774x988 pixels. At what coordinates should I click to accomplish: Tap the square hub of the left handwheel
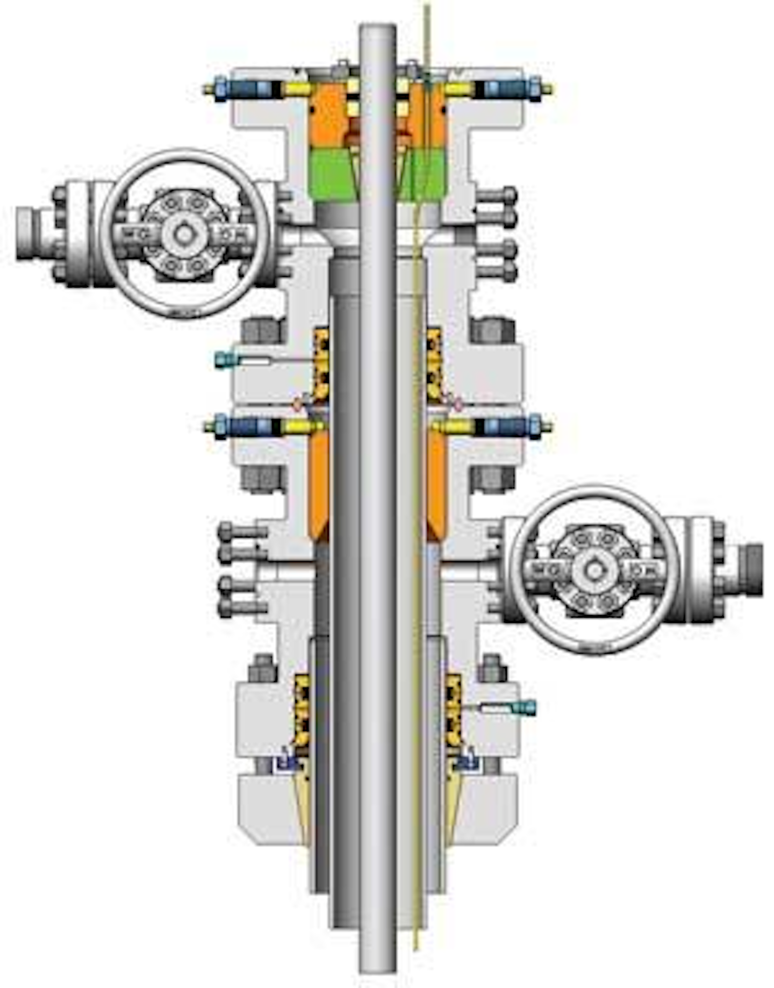coord(185,235)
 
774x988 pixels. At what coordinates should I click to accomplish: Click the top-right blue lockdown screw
coord(511,89)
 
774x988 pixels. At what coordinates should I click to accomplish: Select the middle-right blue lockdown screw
coord(511,427)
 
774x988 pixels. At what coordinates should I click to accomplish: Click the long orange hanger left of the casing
coord(319,484)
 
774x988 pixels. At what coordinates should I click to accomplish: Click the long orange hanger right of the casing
coord(436,484)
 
